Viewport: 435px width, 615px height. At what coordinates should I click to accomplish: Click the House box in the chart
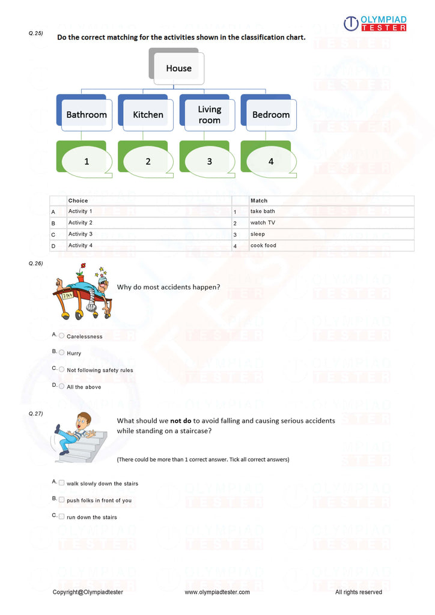[x=178, y=68]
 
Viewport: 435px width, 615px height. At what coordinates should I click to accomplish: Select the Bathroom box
[x=87, y=114]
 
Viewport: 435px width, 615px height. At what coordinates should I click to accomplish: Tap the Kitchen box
[x=148, y=114]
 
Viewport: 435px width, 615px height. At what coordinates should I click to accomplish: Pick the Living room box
[x=209, y=114]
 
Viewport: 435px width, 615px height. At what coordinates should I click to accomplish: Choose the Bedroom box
[x=271, y=114]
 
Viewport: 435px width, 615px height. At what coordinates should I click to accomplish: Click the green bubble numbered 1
[x=87, y=161]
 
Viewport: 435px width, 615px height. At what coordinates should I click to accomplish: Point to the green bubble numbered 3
[x=209, y=161]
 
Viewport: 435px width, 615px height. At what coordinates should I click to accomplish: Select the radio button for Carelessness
[x=61, y=336]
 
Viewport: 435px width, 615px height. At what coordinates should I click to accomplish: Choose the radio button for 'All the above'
[x=61, y=386]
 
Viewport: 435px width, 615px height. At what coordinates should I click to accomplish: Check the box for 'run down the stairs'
[x=61, y=517]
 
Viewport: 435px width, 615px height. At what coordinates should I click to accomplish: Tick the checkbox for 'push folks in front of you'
[x=61, y=500]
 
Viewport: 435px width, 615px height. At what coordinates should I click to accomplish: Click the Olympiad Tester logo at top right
[x=375, y=23]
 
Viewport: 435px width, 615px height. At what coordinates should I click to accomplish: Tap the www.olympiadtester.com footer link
[x=217, y=592]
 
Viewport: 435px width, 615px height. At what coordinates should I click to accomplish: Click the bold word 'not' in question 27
[x=178, y=421]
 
